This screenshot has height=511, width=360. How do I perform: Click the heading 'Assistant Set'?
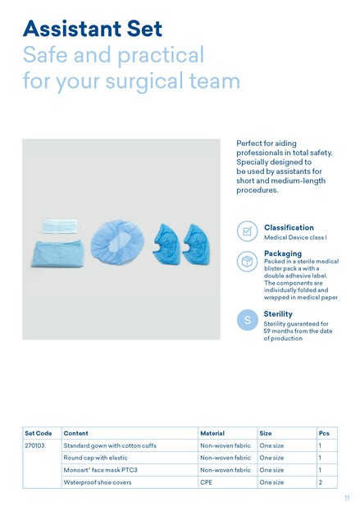[x=93, y=29]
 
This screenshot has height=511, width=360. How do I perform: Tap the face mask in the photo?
[x=59, y=226]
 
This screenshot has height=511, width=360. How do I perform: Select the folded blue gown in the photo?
[x=58, y=254]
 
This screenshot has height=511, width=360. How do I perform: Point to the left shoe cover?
[x=166, y=243]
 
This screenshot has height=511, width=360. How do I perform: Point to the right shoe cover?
[x=196, y=244]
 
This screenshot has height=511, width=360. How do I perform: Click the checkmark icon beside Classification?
[x=248, y=231]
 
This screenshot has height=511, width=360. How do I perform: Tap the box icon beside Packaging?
[x=248, y=262]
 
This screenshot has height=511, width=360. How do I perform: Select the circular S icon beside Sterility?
[x=248, y=320]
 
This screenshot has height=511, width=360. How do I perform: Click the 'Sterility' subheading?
[x=278, y=314]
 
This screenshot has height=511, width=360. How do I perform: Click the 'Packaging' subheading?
[x=283, y=253]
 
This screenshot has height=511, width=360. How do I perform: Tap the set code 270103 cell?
[x=34, y=445]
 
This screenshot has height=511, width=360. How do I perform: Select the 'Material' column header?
[x=212, y=433]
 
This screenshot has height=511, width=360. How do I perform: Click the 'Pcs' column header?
[x=324, y=433]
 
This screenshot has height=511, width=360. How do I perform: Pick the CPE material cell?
[x=206, y=482]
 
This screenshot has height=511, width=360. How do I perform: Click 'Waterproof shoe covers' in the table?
[x=98, y=482]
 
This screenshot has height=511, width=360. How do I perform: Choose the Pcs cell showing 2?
[x=321, y=482]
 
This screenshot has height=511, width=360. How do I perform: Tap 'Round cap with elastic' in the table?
[x=95, y=458]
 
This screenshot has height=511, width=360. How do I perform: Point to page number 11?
[x=347, y=498]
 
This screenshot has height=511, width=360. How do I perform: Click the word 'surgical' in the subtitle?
[x=144, y=81]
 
